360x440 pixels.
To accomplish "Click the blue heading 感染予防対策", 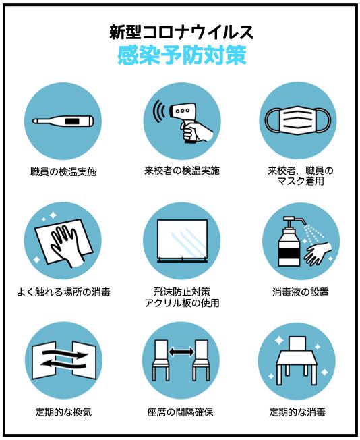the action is coord(181,55).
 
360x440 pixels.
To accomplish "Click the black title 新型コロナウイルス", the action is coord(181,32).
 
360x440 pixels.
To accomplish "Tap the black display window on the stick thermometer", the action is coord(73,121).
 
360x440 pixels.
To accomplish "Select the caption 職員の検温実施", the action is coord(63,171).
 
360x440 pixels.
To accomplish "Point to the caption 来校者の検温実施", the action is coord(182,171).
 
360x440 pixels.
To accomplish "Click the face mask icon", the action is coord(298,120).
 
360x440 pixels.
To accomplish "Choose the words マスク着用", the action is coord(301,182).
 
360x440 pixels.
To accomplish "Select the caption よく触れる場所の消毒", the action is coord(63,292).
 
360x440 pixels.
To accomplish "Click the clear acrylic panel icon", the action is coord(182,240).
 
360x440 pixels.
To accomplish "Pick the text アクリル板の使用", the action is coord(182,303).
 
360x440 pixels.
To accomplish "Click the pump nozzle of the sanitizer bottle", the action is coord(295,221).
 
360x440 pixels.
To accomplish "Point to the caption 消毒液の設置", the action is coord(301,292).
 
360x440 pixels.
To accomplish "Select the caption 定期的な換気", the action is coord(63,412).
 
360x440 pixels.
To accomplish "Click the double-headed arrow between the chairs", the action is coord(181,352).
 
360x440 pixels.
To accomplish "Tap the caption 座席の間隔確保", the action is coord(180,412).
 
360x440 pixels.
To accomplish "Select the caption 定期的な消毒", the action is coord(297,412).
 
